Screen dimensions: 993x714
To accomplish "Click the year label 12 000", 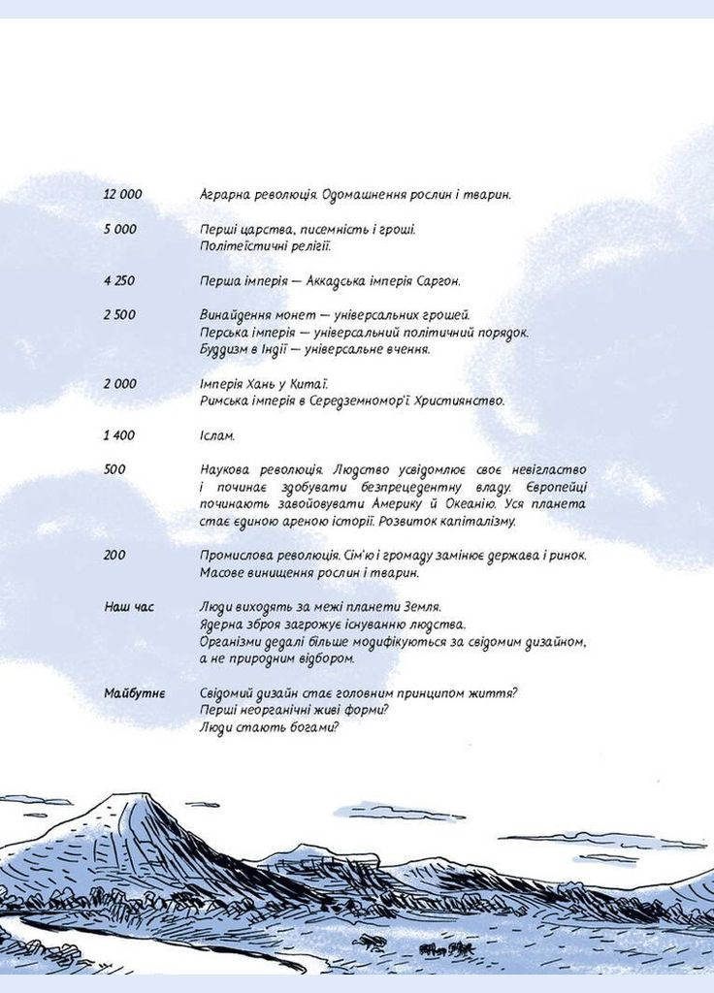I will [x=122, y=195].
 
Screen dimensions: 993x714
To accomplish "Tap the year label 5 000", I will [x=119, y=230].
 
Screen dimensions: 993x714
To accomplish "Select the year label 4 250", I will [x=119, y=281].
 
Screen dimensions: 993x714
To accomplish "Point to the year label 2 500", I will [x=119, y=315].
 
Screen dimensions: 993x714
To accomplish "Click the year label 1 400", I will [x=119, y=436].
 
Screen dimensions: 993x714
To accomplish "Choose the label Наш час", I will [x=128, y=607].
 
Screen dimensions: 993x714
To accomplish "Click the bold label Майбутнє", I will [x=135, y=694].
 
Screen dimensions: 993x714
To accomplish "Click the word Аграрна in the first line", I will [x=225, y=195].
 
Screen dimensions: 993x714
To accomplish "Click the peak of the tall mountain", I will [x=129, y=797].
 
